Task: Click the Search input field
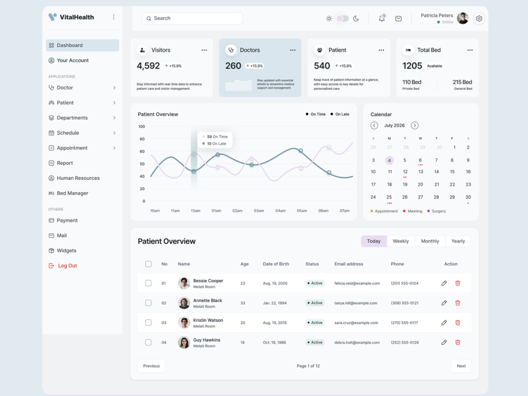click(192, 18)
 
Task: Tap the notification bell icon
click(382, 18)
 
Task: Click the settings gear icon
click(479, 18)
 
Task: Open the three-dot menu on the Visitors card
click(204, 50)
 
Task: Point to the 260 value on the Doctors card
click(233, 65)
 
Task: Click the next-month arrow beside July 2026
click(414, 125)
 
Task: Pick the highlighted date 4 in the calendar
click(389, 161)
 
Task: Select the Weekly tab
click(401, 241)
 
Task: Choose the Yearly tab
click(458, 241)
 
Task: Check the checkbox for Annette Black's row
click(148, 303)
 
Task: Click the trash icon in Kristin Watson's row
click(458, 323)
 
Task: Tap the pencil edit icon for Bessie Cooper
click(444, 283)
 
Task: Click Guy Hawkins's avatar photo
click(184, 343)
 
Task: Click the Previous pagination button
click(152, 366)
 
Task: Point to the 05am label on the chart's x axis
click(301, 211)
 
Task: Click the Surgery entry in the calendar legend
click(437, 211)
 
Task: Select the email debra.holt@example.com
click(357, 343)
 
